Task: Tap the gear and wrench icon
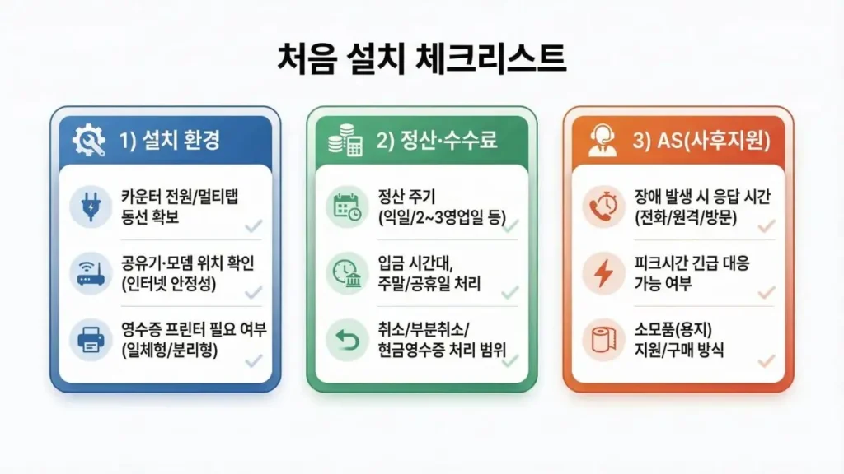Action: coord(89,142)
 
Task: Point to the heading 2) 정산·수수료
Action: coord(437,141)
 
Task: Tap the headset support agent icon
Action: coord(603,142)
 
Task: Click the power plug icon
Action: coord(91,206)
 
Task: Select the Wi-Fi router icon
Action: coord(91,273)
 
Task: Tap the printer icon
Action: coord(91,340)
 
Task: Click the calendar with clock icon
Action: coord(347,207)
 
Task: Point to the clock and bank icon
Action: coord(347,273)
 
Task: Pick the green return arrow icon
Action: coord(347,340)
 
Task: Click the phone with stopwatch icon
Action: coord(603,207)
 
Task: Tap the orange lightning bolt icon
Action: coord(603,273)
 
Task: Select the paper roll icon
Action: coord(603,341)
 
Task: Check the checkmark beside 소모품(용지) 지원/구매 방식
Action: coord(767,360)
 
